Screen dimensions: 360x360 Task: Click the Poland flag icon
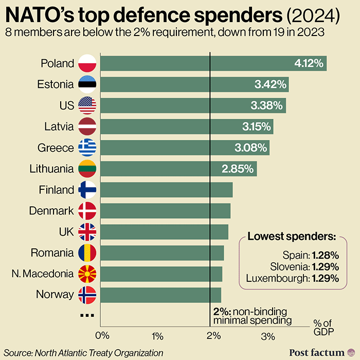point(87,64)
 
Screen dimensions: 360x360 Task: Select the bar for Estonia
point(194,85)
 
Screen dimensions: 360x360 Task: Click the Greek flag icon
point(87,148)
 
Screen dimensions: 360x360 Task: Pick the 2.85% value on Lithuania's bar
point(238,169)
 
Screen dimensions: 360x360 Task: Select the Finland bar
point(166,190)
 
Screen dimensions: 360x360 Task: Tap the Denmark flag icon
point(87,211)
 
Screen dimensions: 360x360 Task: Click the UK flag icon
point(87,232)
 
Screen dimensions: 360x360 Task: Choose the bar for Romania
point(162,253)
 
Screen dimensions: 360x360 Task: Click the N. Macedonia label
point(48,274)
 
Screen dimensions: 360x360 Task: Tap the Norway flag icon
point(87,295)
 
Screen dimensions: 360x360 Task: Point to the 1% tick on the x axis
point(157,336)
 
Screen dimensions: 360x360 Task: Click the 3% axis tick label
point(268,336)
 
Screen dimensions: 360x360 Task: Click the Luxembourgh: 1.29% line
point(292,279)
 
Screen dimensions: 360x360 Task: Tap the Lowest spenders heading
point(292,237)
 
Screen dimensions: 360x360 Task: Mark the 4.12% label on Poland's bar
point(308,64)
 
